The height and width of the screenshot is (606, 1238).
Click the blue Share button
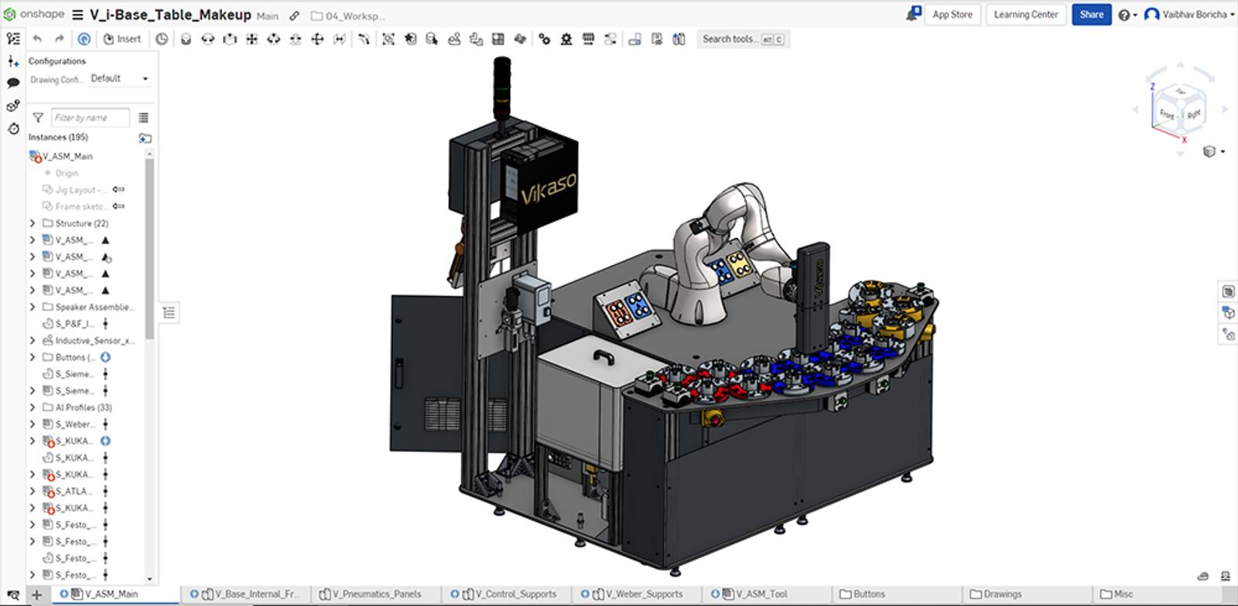(1091, 14)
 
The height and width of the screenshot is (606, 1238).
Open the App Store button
(952, 14)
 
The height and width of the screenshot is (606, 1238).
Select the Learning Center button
(1025, 14)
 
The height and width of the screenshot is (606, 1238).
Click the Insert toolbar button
(122, 39)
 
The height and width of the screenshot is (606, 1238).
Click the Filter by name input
(90, 117)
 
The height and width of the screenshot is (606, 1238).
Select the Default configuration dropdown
(118, 78)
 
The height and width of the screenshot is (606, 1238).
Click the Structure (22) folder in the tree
(80, 223)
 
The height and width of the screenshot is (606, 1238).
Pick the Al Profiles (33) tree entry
(83, 407)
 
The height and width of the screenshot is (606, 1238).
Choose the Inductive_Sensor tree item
(94, 340)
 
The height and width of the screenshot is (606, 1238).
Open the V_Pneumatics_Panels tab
(376, 594)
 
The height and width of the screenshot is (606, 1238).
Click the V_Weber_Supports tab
(643, 594)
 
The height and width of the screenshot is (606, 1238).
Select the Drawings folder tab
(1002, 594)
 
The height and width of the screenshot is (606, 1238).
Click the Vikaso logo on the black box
(547, 188)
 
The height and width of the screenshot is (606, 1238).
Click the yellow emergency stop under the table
(712, 417)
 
